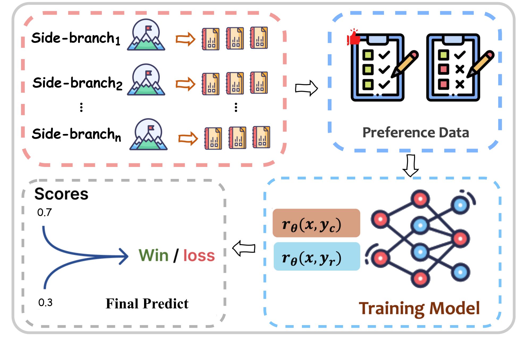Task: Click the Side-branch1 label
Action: point(75,38)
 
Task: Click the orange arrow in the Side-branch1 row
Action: point(185,39)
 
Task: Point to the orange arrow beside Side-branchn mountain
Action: point(188,138)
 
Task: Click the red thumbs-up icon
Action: point(354,38)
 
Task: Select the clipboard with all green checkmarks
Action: point(378,68)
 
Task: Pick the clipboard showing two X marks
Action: point(453,68)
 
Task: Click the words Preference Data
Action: point(416,133)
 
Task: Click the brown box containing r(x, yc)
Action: point(316,223)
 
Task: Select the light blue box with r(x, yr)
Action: point(317,256)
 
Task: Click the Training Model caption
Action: point(419,308)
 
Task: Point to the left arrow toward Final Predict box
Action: point(244,248)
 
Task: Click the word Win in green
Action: point(153,255)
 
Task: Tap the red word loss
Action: point(199,256)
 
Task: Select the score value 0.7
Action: point(44,212)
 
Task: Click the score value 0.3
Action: point(45,303)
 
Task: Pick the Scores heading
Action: point(61,194)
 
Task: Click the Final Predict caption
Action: point(147,304)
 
